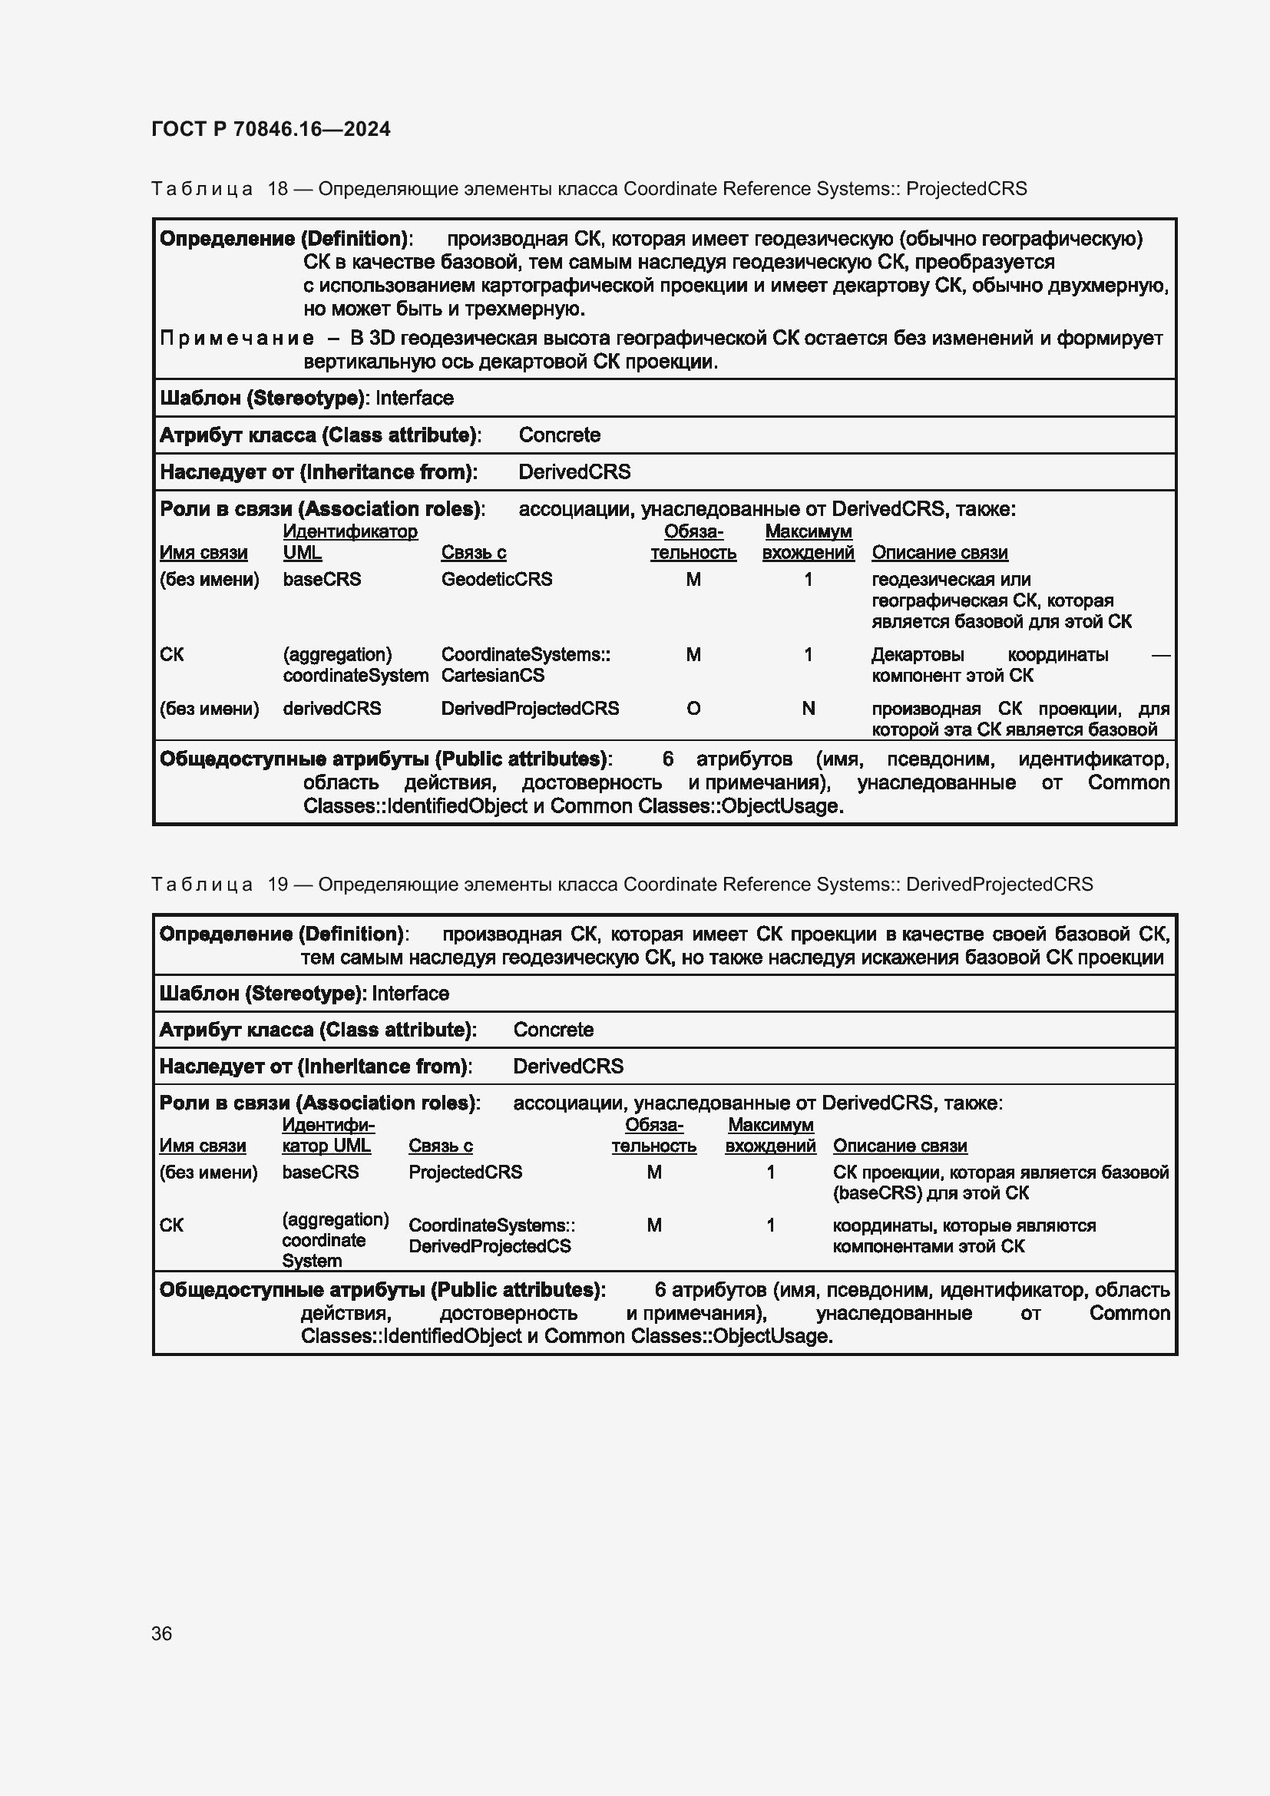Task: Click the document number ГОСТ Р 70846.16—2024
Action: tap(270, 129)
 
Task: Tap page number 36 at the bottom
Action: tap(162, 1633)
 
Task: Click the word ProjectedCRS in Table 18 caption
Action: tap(966, 189)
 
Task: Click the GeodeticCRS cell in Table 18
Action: tap(496, 579)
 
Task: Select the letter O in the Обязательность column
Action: tap(693, 708)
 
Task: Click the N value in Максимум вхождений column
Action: tap(808, 708)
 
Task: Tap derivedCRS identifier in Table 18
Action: tap(332, 708)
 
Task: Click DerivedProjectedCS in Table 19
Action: tap(490, 1246)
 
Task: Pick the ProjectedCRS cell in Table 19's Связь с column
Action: tap(465, 1172)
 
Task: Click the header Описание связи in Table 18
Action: tap(939, 552)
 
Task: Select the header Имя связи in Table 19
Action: tap(203, 1145)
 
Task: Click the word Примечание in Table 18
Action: tap(237, 338)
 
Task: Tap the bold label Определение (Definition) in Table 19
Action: tap(282, 933)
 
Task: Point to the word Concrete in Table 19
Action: tap(553, 1030)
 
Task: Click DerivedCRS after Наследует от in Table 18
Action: tap(574, 471)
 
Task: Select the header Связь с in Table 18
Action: tap(473, 552)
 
